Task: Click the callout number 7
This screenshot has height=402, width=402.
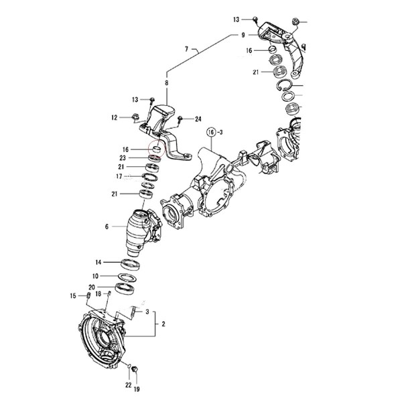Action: coord(186,48)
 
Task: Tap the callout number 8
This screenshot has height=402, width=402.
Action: coord(167,83)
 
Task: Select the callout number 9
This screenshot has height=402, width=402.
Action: coord(243,35)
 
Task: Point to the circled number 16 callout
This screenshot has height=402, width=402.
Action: coord(211,133)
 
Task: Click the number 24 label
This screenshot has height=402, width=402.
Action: coord(198,119)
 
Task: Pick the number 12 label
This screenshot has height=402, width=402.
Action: coord(114,117)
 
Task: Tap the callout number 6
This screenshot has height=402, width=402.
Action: coord(107,226)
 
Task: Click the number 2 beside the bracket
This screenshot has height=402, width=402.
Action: coord(163,324)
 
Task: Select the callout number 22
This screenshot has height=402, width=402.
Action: coord(128,385)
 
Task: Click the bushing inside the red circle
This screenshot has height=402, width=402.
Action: coord(156,149)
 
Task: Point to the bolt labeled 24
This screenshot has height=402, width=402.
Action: coord(180,118)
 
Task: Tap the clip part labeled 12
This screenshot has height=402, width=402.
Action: coord(135,117)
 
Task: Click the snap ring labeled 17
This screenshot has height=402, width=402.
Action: coord(150,177)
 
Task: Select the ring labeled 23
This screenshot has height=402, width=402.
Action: coord(155,158)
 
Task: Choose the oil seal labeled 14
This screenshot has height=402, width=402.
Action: coord(131,265)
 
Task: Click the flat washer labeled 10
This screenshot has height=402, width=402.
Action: coord(127,277)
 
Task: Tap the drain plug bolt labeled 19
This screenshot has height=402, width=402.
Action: coord(135,369)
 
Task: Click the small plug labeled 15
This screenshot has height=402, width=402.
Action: coord(89,295)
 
